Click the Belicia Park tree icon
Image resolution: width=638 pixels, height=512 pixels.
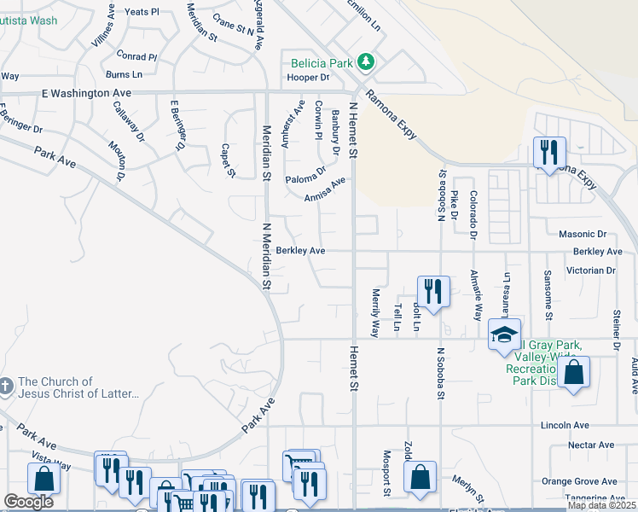click(366, 61)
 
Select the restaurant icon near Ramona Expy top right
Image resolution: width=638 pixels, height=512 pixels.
click(547, 153)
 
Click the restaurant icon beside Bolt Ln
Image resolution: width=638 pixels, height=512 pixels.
click(433, 291)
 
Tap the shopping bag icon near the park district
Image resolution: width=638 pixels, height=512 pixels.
click(574, 372)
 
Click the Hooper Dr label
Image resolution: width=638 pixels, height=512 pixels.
click(309, 77)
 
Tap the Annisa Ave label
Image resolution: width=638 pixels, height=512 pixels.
click(324, 189)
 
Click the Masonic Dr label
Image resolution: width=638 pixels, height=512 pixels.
click(582, 234)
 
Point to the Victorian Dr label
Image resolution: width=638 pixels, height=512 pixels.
click(585, 271)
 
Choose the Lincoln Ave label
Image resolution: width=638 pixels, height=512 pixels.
click(565, 425)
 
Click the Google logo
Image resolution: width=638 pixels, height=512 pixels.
click(28, 503)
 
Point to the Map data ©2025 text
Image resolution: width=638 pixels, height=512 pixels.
click(600, 505)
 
